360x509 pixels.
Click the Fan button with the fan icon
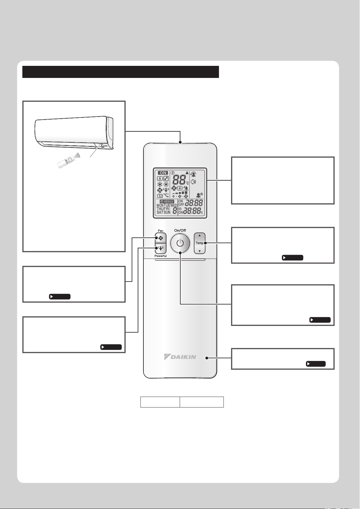tap(161, 238)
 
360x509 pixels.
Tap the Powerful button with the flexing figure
tap(161, 249)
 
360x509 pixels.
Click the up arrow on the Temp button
tap(200, 235)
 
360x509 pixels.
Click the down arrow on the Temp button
tap(200, 251)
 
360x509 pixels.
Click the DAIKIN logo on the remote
tap(180, 357)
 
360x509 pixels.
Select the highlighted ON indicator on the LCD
tap(163, 173)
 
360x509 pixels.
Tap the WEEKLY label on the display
tap(167, 201)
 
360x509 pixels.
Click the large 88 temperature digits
tap(179, 180)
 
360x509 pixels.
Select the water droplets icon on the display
tap(166, 179)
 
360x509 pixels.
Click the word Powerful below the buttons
tap(161, 256)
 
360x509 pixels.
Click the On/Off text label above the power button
tap(180, 230)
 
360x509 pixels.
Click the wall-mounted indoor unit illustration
tap(74, 133)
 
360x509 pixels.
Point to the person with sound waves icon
tap(199, 195)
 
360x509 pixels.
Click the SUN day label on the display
tap(167, 212)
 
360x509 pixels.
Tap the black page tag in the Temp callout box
tap(293, 258)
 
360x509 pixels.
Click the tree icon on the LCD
tap(186, 188)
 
